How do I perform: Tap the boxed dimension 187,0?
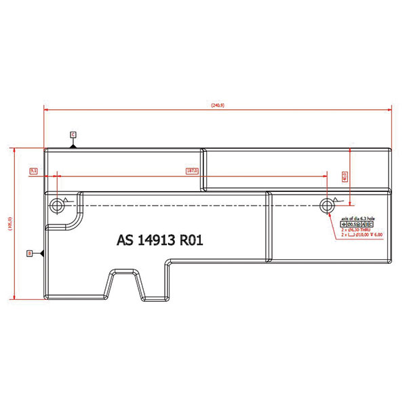click(192, 171)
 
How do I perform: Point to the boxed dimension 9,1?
click(33, 171)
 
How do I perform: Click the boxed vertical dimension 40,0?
click(344, 176)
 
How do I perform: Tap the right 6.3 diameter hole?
click(328, 204)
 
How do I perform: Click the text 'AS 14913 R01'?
click(160, 240)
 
